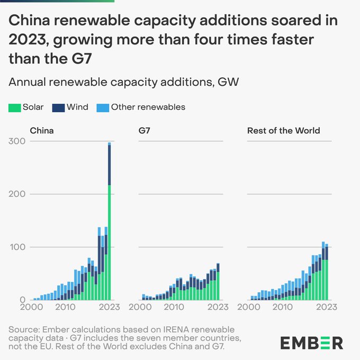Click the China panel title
(x=42, y=130)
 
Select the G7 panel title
(x=144, y=130)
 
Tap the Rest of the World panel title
(x=284, y=130)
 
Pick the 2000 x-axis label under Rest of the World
(x=249, y=307)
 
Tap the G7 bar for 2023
(x=218, y=282)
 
